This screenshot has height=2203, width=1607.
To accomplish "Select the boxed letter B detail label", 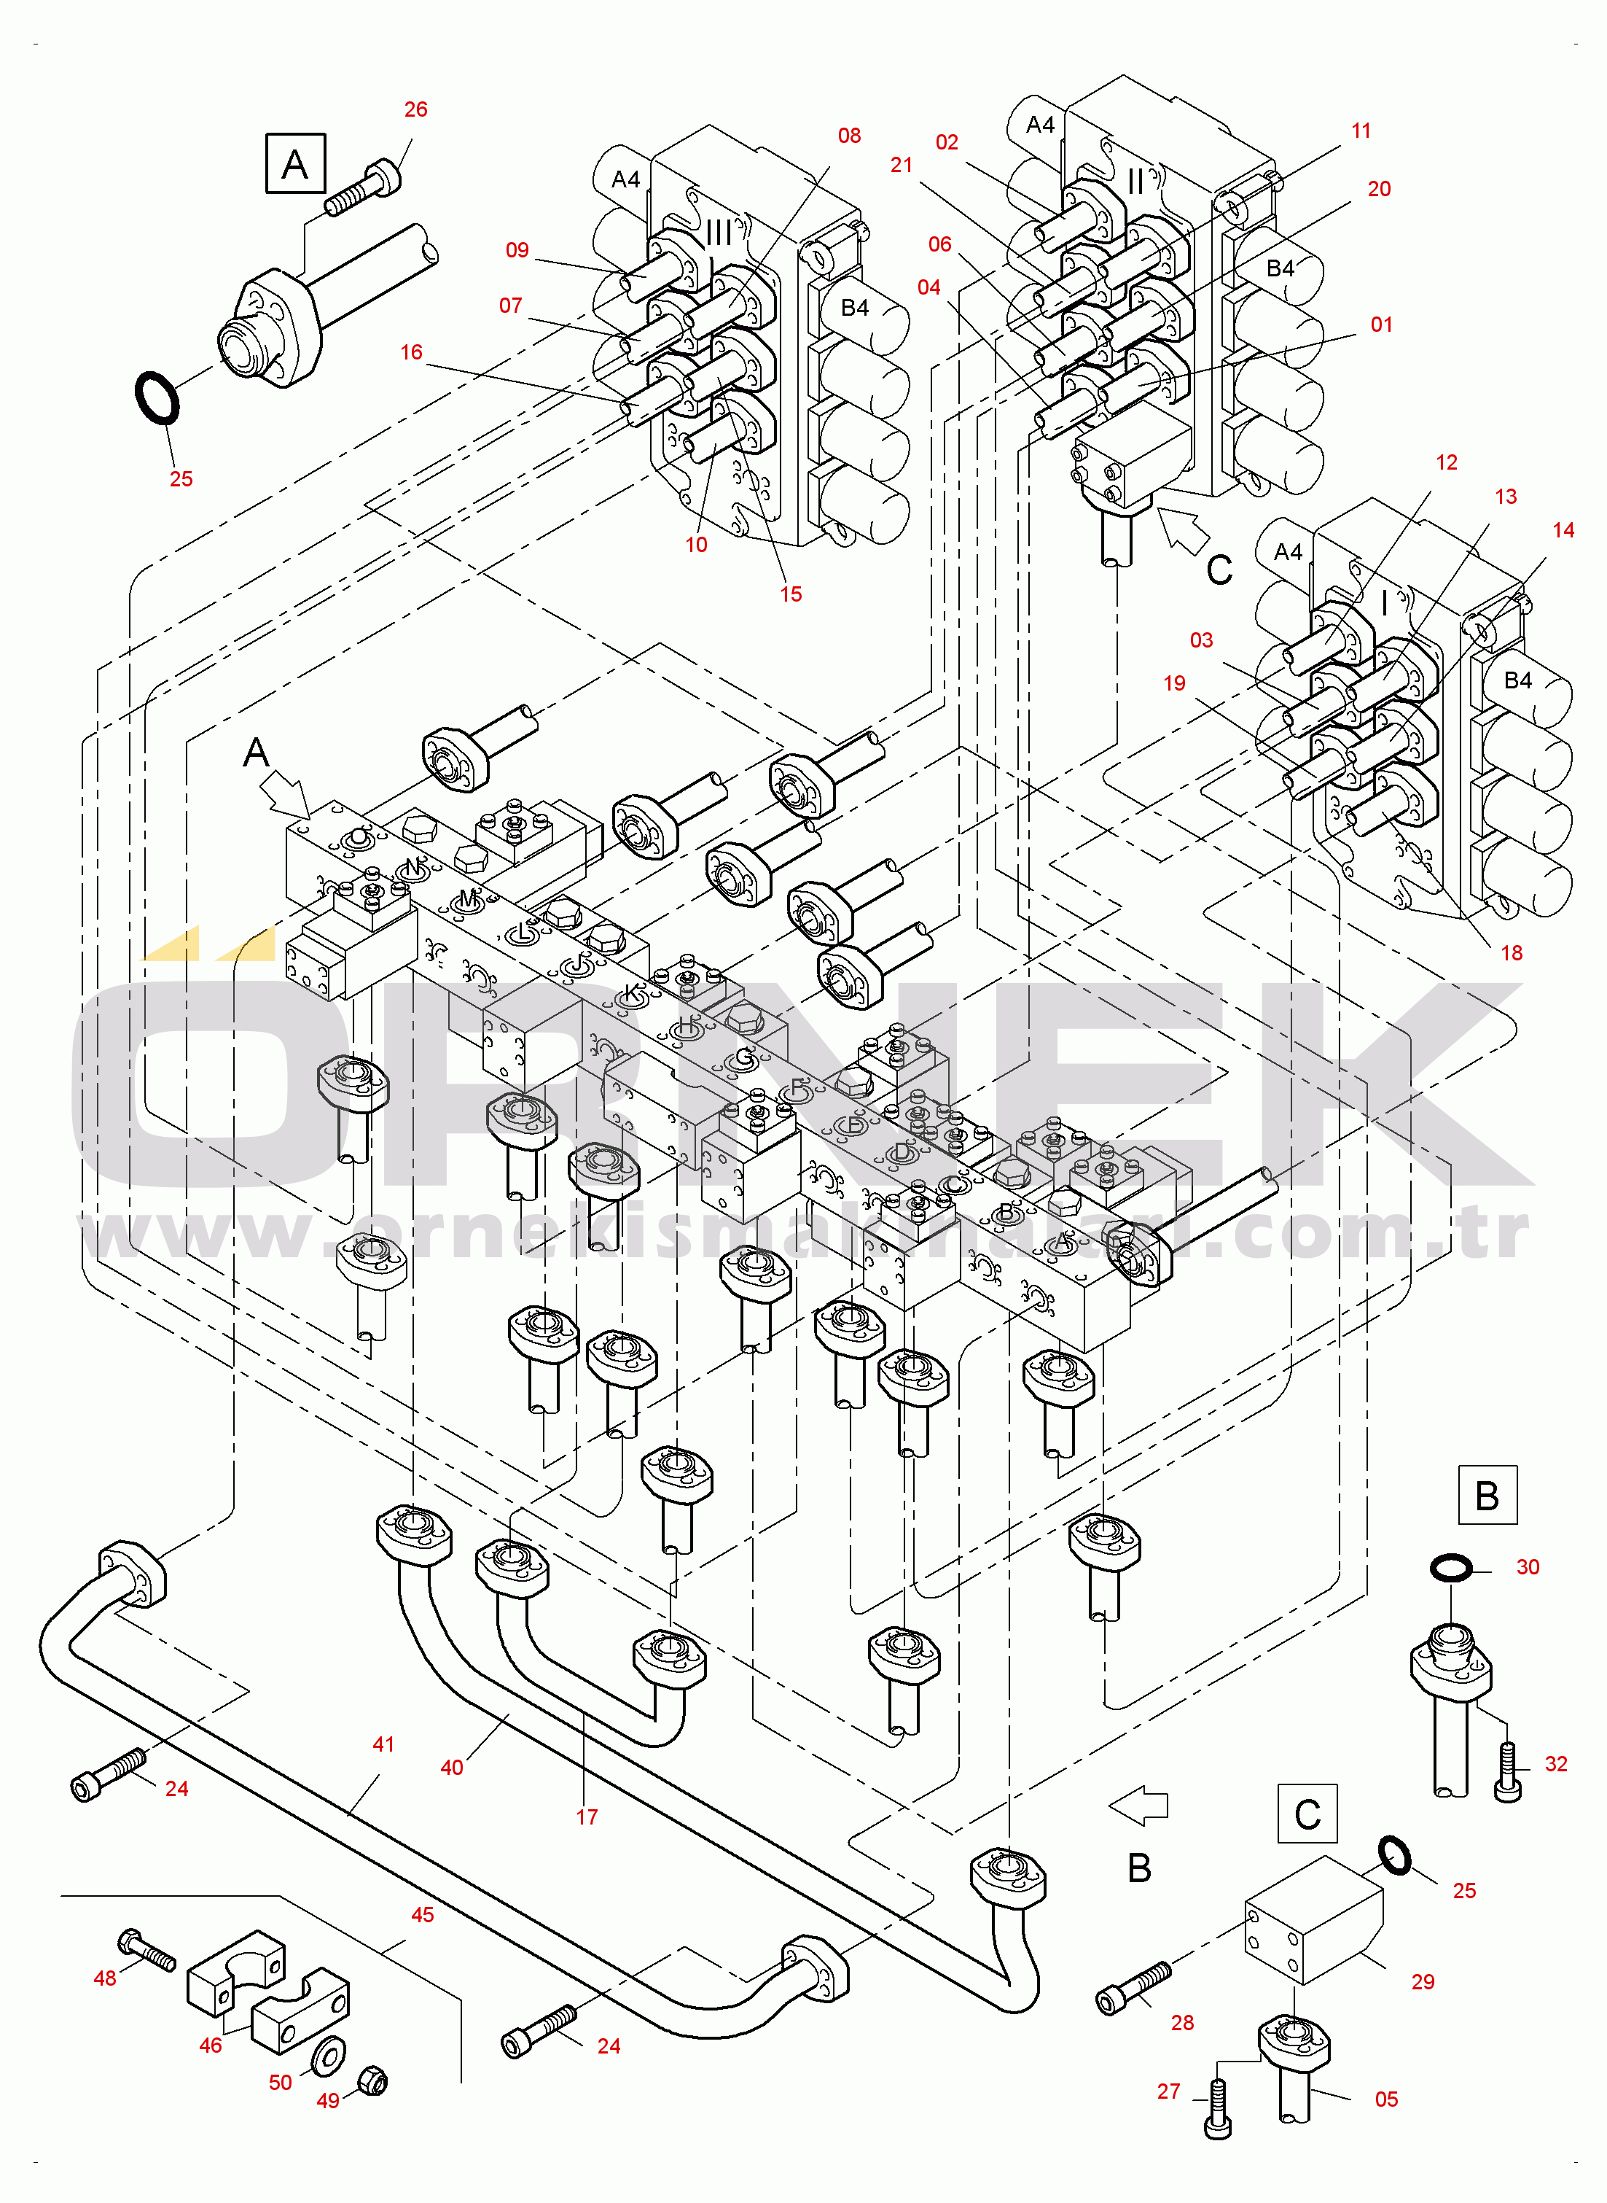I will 1486,1496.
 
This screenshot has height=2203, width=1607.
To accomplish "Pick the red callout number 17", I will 587,1817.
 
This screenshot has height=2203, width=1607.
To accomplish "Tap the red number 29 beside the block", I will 1422,1981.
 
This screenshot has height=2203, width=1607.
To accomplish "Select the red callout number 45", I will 422,1914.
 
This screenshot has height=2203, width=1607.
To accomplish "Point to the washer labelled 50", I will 327,2054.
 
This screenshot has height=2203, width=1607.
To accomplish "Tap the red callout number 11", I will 1361,131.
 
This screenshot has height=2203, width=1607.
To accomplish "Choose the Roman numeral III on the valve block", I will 718,233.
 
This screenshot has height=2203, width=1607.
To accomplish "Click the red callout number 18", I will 1511,952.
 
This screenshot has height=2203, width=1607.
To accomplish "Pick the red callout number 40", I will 451,1767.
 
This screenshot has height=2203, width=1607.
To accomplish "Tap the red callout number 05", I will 1386,2099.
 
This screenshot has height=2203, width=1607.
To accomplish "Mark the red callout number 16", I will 412,352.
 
